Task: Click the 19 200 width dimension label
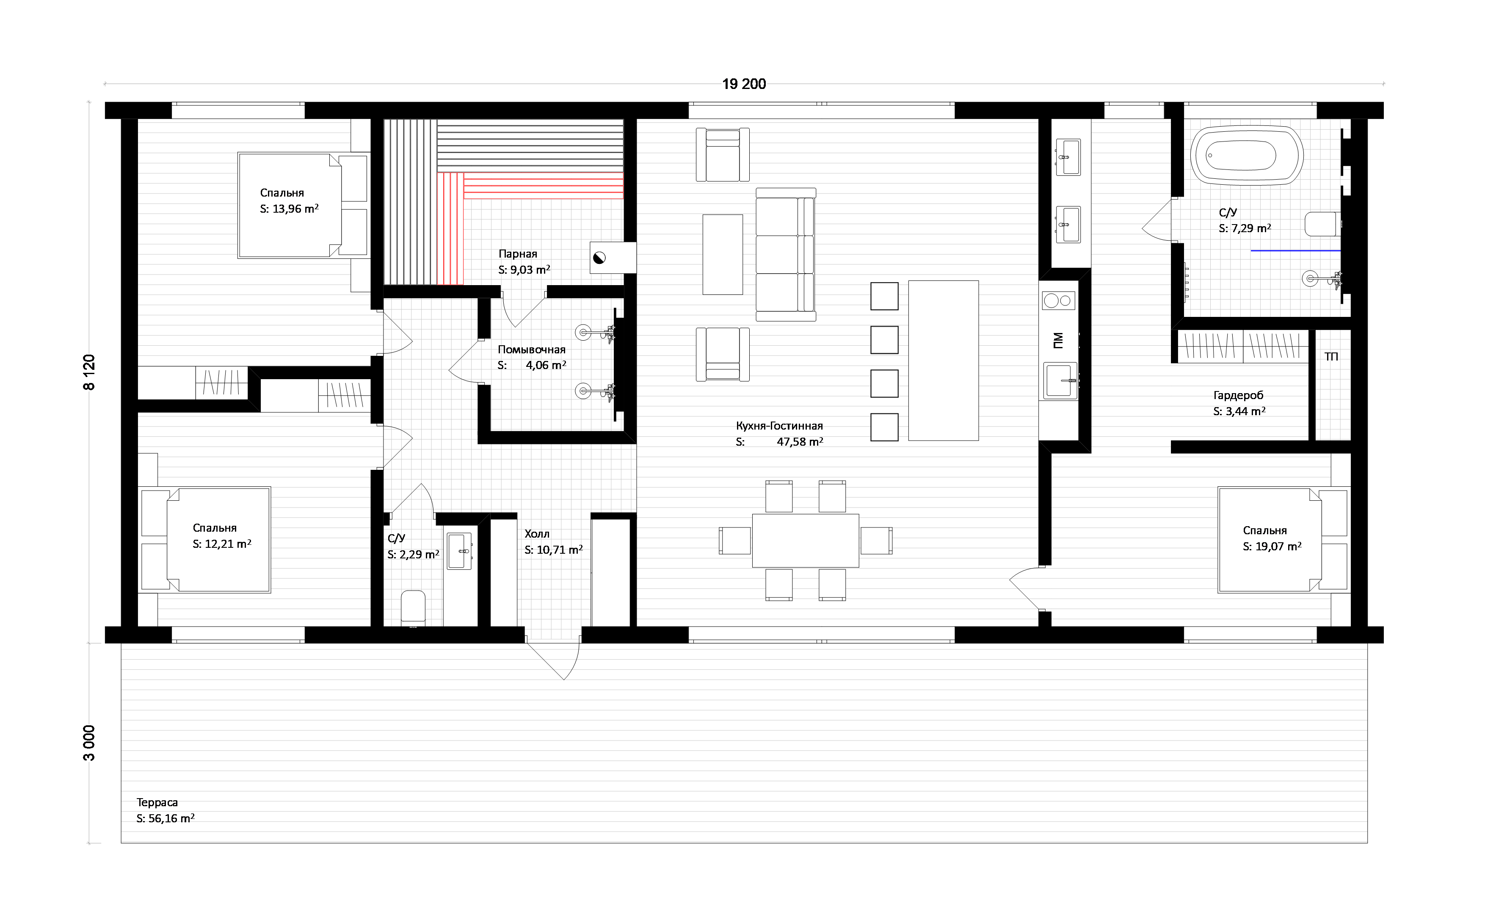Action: coord(744,84)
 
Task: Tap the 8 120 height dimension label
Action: coord(89,372)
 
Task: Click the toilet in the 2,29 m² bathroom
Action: coord(413,608)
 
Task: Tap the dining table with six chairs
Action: coord(806,541)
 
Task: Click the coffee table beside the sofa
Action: coord(722,255)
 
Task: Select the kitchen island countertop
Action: coord(943,361)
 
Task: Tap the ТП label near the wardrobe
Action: coord(1331,356)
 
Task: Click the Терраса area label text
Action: coord(157,802)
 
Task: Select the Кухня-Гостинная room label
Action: coord(779,425)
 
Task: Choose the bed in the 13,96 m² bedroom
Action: coord(303,205)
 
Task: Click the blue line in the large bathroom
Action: coord(1295,251)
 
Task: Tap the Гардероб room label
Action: coord(1238,395)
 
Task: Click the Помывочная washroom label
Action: coord(532,350)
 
